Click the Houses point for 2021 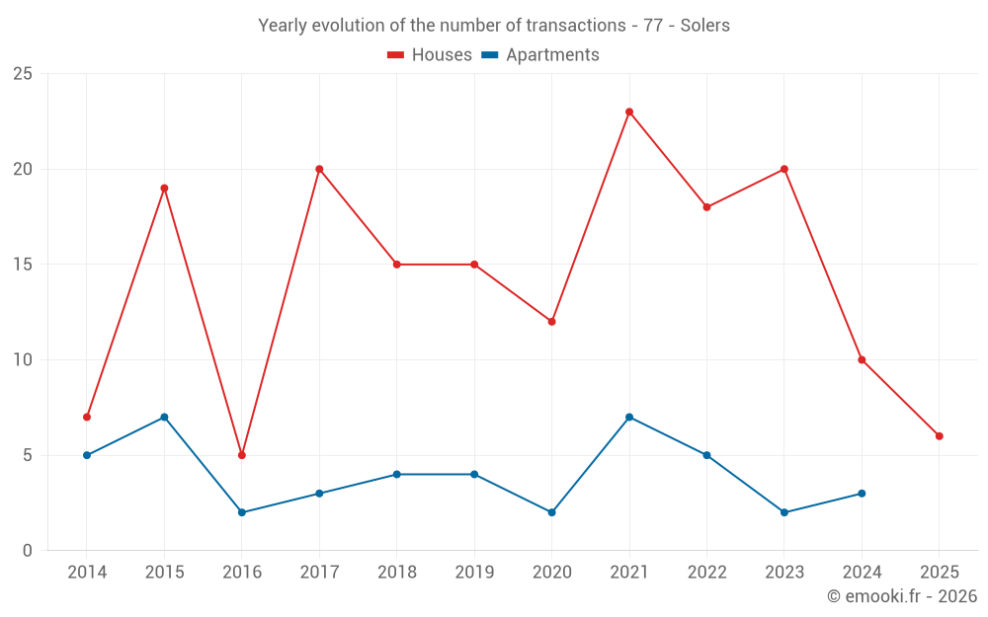pos(629,112)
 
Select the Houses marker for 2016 pos(242,455)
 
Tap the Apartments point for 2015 pos(164,417)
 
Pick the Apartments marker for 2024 pos(862,494)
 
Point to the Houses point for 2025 pos(940,436)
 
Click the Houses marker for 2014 pos(87,417)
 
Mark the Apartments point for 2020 pos(552,512)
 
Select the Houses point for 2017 pos(319,169)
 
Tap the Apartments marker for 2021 pos(629,417)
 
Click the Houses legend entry pos(430,55)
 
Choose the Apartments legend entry pos(540,55)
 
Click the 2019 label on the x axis pos(474,573)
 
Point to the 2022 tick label pos(706,573)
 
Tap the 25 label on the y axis pos(22,74)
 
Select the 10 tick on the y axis pos(22,360)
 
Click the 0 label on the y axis pos(28,551)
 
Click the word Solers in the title pos(705,26)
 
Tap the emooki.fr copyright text pos(902,596)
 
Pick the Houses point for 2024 pos(862,360)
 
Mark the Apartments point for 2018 pos(397,475)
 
